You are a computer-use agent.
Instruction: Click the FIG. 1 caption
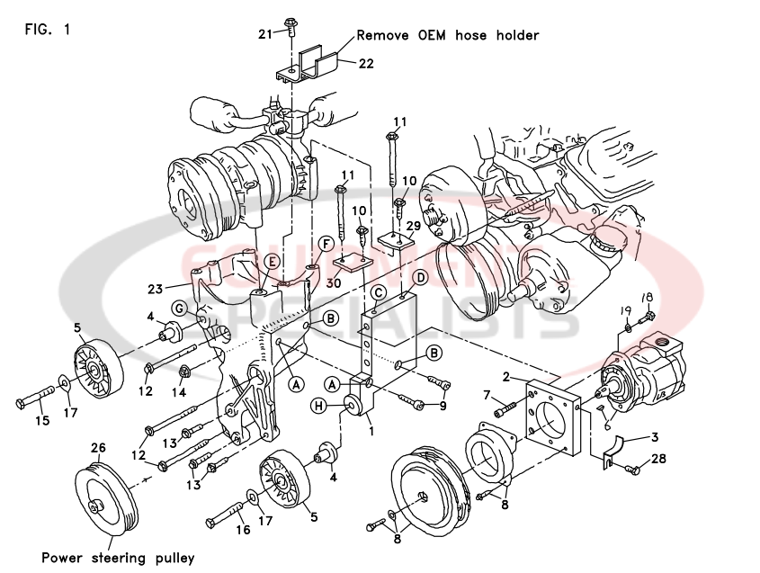tap(48, 29)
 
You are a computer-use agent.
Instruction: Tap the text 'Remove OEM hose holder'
tap(448, 36)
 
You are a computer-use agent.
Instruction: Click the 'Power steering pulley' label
tap(117, 558)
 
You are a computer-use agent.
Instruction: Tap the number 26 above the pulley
tap(98, 446)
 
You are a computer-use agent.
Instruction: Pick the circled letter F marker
tap(326, 244)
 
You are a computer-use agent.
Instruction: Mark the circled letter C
tap(379, 292)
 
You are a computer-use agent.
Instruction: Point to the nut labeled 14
tap(183, 371)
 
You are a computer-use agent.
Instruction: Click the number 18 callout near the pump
tap(646, 298)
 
